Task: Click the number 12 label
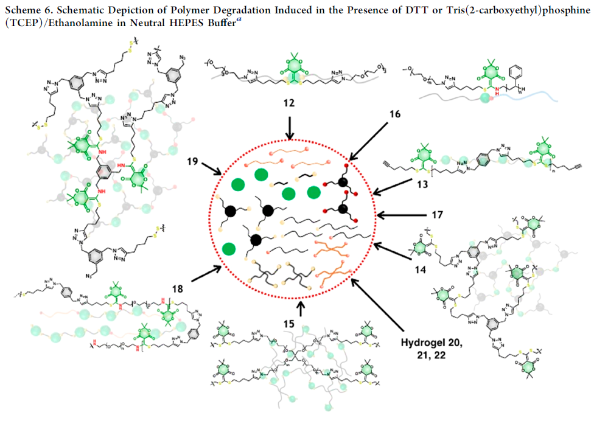(x=288, y=104)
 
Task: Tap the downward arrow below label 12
(x=289, y=128)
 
